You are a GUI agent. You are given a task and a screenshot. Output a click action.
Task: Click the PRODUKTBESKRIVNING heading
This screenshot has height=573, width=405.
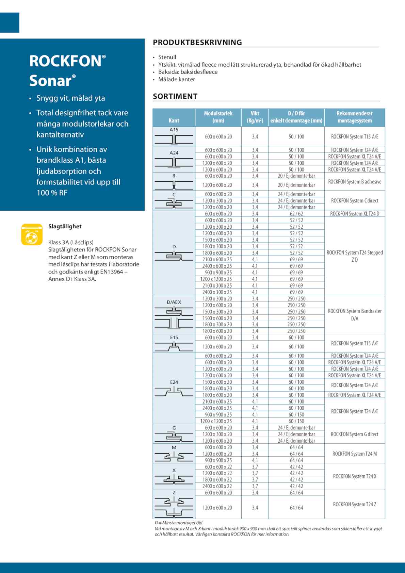pos(197,43)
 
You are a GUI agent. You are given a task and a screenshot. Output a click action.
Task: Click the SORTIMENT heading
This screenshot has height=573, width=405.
pos(175,96)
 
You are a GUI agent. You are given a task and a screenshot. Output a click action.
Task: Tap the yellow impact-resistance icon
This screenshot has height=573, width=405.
pos(32,234)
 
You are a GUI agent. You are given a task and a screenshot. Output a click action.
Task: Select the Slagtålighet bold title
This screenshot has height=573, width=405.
pos(65,226)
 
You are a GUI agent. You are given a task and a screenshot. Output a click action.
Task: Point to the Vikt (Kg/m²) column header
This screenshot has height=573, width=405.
pos(255,117)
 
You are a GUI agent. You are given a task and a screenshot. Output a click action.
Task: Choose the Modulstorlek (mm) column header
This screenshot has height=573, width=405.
pos(218,117)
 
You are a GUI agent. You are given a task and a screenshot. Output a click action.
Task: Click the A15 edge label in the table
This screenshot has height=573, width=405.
pos(174,130)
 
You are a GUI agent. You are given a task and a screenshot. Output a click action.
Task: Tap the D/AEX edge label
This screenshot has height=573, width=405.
pos(174,302)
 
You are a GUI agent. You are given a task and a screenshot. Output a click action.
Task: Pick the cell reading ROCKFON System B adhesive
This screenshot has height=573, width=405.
pos(355,182)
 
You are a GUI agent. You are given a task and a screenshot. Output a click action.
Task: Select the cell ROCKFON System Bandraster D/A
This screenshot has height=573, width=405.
pos(355,315)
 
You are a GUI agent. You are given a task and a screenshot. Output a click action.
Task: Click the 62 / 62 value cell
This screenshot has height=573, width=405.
pos(296,214)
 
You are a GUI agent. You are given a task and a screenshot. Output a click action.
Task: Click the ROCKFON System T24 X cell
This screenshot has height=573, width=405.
pos(355,476)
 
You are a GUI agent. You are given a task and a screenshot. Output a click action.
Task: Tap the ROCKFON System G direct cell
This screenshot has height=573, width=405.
pos(355,434)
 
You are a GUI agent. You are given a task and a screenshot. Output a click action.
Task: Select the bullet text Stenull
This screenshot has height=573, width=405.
pos(167,57)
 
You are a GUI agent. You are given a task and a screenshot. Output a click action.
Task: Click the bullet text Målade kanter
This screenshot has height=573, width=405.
pos(177,79)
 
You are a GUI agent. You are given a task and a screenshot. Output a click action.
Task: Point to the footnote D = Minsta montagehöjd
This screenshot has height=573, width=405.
pos(179,523)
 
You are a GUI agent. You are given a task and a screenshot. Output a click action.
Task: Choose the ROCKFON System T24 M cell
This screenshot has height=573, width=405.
pos(355,454)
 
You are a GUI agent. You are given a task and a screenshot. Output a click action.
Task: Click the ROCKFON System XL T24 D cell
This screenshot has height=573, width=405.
pos(355,214)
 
